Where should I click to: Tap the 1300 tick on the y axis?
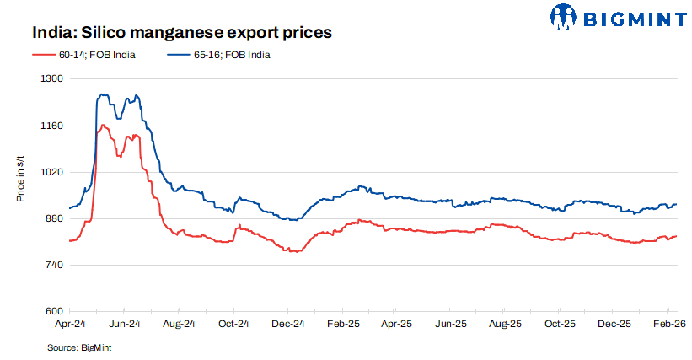pyautogui.click(x=53, y=78)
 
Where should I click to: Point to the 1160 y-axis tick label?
pyautogui.click(x=53, y=126)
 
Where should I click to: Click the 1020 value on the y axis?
pyautogui.click(x=53, y=172)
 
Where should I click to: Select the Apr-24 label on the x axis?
pyautogui.click(x=69, y=324)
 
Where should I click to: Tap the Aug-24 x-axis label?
pyautogui.click(x=179, y=324)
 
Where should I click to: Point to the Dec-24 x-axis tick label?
pyautogui.click(x=287, y=324)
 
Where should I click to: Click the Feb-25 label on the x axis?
pyautogui.click(x=342, y=324)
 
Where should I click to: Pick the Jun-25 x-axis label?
pyautogui.click(x=451, y=324)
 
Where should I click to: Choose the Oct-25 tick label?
pyautogui.click(x=560, y=324)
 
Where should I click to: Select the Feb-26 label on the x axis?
pyautogui.click(x=668, y=324)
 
